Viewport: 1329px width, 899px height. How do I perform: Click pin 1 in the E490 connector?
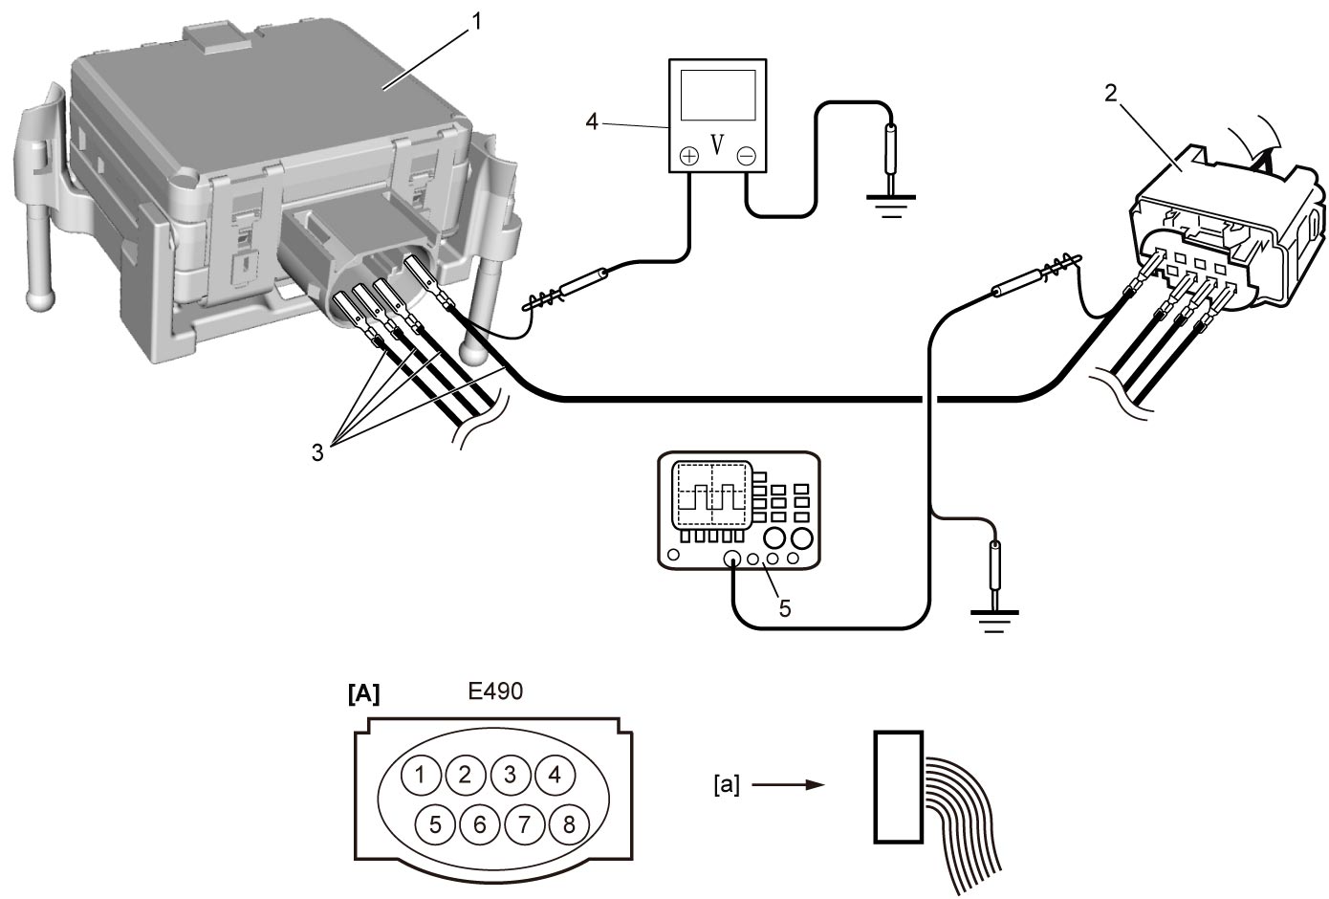(421, 775)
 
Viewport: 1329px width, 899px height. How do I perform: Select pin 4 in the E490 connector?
(555, 775)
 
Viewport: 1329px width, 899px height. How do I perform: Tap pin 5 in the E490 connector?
(435, 824)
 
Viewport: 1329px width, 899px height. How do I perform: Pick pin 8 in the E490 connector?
(569, 824)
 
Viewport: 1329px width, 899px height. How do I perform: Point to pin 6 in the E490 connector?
(480, 824)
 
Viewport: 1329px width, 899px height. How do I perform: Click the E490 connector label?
(495, 691)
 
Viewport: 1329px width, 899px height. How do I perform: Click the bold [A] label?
(363, 693)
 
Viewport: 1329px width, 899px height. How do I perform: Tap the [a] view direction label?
(727, 785)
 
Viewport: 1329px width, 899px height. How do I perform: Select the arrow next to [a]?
(788, 785)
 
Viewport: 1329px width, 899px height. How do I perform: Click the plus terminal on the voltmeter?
(688, 156)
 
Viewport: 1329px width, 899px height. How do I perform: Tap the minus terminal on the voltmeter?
(747, 156)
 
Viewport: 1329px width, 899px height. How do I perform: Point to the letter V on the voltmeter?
(717, 144)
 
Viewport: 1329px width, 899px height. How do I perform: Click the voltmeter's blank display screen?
(718, 95)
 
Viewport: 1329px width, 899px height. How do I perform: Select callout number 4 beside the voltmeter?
(592, 121)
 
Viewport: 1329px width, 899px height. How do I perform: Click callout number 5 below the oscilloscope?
(785, 608)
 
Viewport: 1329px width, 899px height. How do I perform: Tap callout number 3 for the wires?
(317, 452)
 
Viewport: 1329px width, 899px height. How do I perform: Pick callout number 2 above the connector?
(1111, 93)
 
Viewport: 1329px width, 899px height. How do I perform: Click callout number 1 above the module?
(476, 22)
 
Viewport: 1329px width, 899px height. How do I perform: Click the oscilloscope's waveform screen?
(712, 494)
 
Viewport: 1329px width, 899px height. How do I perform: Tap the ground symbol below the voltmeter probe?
(891, 205)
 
